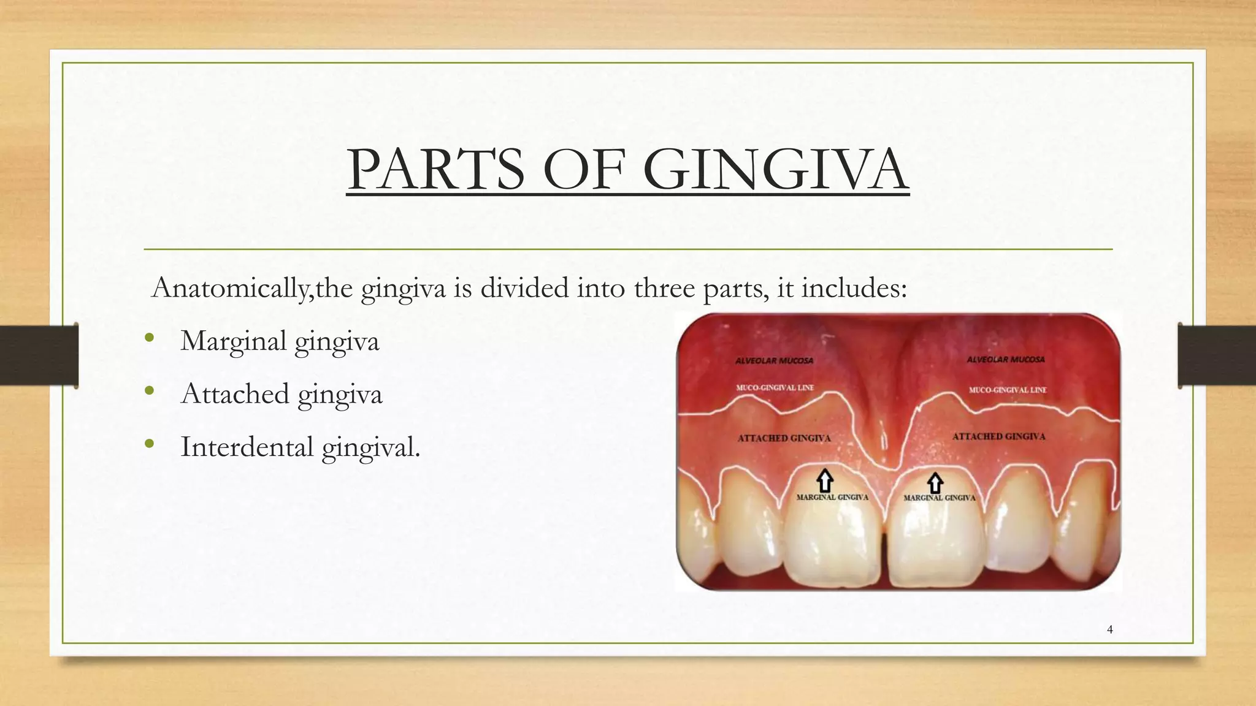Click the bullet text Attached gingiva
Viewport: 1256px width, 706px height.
281,394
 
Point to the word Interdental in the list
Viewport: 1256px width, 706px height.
247,447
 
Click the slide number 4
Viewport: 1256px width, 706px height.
1109,629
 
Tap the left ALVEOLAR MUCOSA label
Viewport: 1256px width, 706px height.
774,361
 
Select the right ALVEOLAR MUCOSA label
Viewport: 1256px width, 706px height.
1005,360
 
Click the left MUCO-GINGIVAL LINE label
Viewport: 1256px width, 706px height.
775,388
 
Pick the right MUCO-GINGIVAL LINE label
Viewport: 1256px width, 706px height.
1008,390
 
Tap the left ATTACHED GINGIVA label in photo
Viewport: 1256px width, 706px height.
784,438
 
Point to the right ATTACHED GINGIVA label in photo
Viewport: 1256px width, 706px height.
998,436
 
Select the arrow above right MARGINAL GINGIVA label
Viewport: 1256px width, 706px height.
935,483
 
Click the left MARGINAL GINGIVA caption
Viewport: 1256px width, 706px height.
832,497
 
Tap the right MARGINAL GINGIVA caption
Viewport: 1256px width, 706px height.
939,498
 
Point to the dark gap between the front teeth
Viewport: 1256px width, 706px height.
884,555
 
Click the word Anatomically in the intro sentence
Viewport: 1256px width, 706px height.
229,288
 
